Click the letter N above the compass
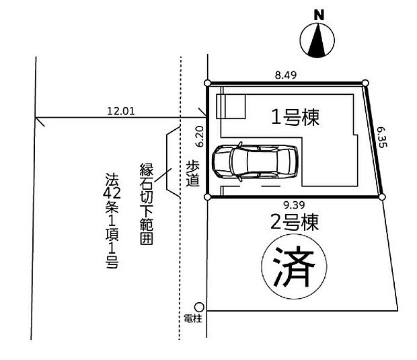(319, 15)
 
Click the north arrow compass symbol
(317, 40)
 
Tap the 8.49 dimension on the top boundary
(286, 75)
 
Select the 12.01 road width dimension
(121, 111)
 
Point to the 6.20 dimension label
(200, 136)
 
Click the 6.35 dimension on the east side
(382, 137)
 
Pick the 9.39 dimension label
(294, 205)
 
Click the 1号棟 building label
(295, 117)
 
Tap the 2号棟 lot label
(295, 223)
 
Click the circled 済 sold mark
(294, 266)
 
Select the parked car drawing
(255, 161)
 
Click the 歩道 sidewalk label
(192, 173)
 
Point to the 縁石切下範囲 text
(147, 204)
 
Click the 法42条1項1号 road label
(112, 221)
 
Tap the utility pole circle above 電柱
(199, 307)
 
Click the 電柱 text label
(193, 318)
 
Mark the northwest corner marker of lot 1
(208, 83)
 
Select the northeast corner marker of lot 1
(366, 83)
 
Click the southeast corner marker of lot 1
(382, 197)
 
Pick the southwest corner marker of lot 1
(207, 197)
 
